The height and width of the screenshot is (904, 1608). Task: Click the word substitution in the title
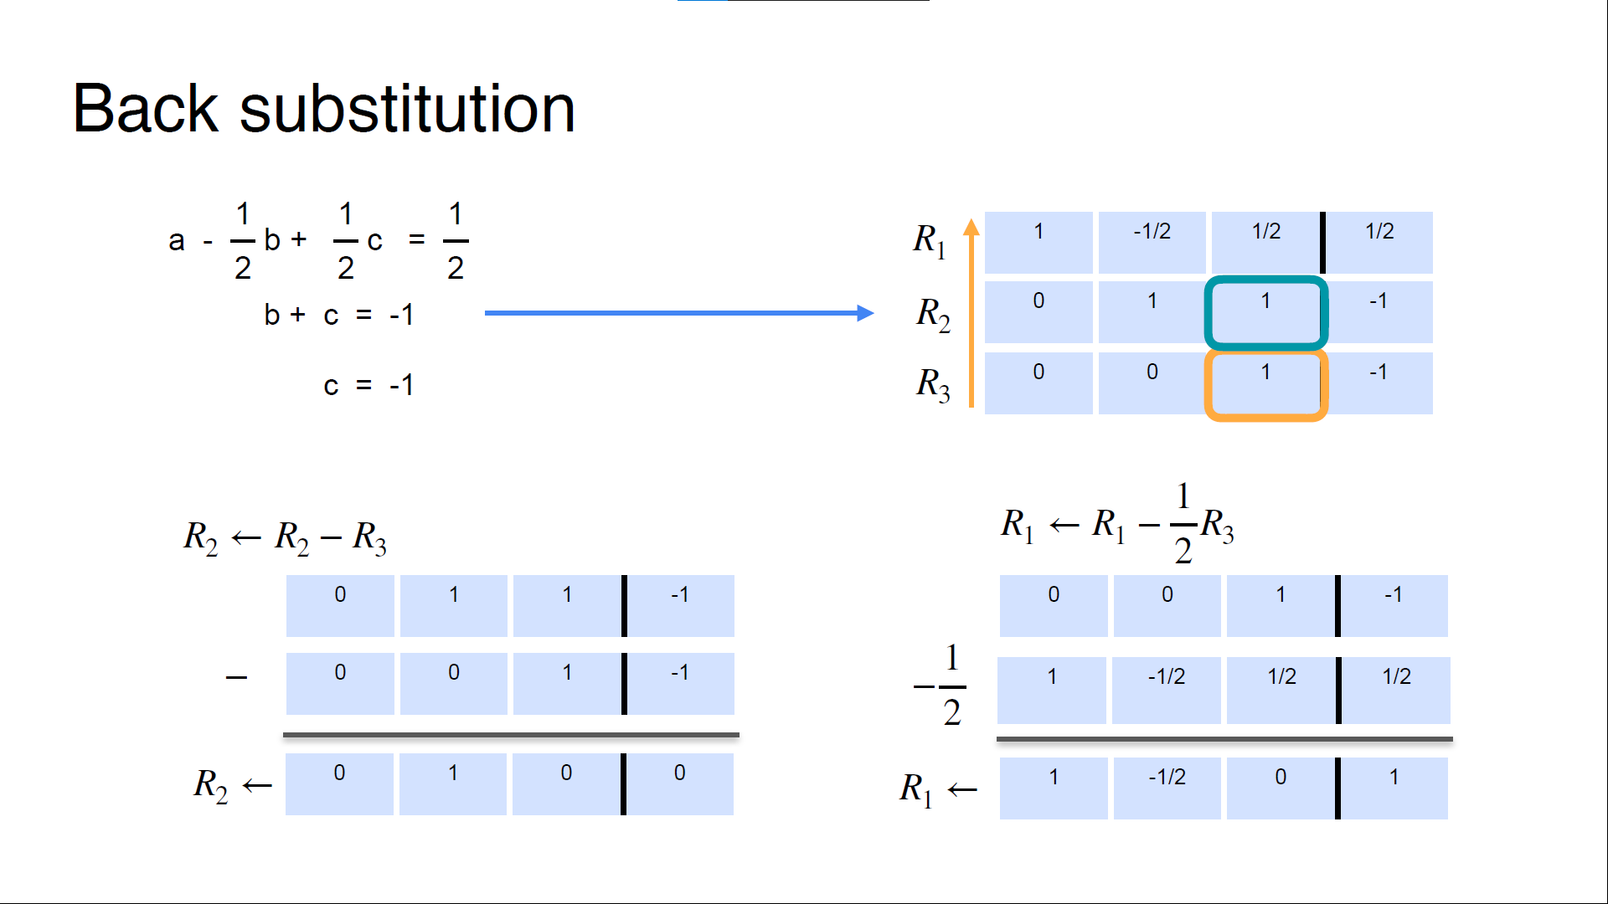click(x=407, y=109)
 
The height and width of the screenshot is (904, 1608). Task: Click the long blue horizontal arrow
click(x=678, y=313)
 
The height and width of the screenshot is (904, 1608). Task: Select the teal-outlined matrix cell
click(x=1265, y=312)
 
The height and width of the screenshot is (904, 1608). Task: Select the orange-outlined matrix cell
click(x=1265, y=384)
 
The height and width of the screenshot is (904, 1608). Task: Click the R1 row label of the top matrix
click(x=930, y=241)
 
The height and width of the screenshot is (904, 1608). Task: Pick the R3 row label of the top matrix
click(x=933, y=385)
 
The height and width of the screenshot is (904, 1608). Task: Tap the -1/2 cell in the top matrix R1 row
click(x=1152, y=242)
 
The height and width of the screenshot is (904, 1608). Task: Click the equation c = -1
click(x=368, y=385)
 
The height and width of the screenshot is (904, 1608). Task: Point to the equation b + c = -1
click(x=338, y=315)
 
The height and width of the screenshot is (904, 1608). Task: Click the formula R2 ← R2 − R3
click(x=285, y=537)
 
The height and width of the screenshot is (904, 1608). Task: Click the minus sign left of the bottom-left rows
click(x=236, y=677)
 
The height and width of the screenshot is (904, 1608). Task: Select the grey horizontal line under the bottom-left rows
click(x=511, y=735)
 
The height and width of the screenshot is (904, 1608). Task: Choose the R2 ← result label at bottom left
click(x=233, y=785)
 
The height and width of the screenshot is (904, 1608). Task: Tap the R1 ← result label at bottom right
click(x=938, y=788)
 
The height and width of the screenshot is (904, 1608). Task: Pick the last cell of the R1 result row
click(x=1394, y=788)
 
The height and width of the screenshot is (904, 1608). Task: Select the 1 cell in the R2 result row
click(x=452, y=783)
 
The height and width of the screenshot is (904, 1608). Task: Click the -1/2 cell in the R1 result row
click(x=1167, y=788)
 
